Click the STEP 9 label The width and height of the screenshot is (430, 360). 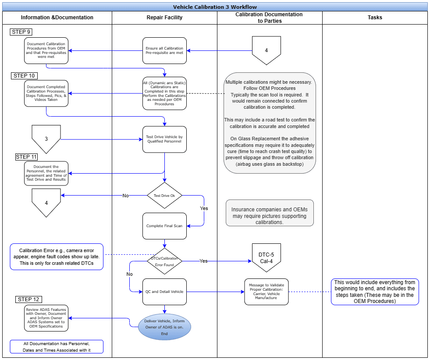click(x=21, y=32)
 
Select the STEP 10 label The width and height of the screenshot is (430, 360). click(x=24, y=76)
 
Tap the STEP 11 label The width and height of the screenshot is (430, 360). click(x=26, y=157)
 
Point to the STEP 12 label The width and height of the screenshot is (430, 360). click(x=28, y=299)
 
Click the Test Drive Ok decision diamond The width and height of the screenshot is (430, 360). click(x=164, y=196)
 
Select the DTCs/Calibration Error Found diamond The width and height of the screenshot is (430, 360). click(x=164, y=261)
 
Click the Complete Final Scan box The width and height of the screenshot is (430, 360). click(x=164, y=226)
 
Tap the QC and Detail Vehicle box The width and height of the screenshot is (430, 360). click(x=164, y=292)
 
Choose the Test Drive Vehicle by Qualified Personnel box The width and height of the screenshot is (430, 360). click(x=164, y=139)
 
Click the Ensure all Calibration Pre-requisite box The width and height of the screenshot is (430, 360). click(x=164, y=50)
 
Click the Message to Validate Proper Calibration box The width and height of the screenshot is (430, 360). click(x=266, y=292)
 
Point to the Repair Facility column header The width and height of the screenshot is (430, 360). click(x=164, y=18)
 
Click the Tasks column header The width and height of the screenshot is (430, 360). click(x=375, y=18)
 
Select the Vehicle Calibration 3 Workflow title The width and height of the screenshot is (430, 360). click(x=215, y=7)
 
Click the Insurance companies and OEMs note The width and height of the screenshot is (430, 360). click(x=270, y=213)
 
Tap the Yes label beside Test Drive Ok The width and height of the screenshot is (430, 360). click(x=204, y=209)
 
